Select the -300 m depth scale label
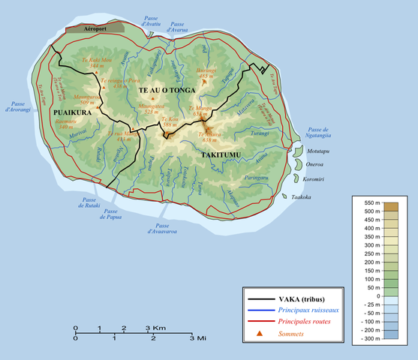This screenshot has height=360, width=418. coord(368,339)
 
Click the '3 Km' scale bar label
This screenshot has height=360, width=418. coord(156,328)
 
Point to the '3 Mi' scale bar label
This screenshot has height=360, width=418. coord(197,339)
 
